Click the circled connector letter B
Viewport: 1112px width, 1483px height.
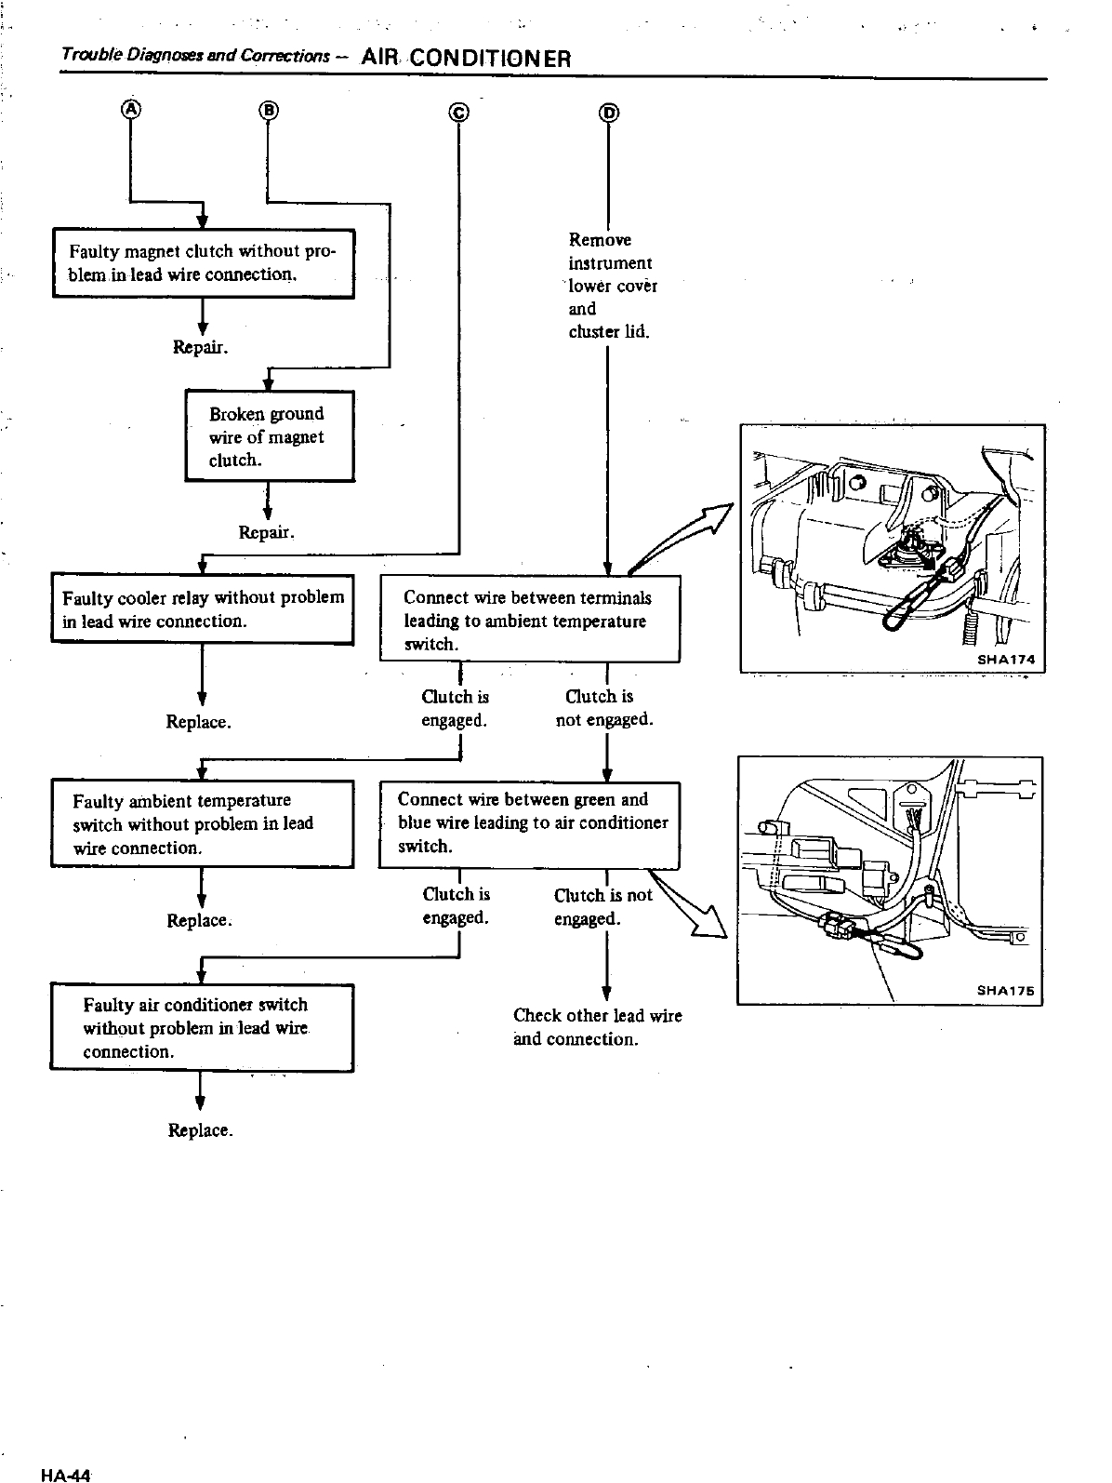(268, 110)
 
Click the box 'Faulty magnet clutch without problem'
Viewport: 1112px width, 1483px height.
(203, 263)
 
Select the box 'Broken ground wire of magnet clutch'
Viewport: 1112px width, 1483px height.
(270, 436)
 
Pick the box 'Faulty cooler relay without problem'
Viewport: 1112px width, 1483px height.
(203, 608)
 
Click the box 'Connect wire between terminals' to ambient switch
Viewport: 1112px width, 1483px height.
(531, 620)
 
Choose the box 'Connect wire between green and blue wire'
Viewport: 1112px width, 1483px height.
(530, 824)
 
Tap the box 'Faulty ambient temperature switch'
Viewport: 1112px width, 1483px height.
(203, 824)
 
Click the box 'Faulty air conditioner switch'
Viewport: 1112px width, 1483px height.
(202, 1028)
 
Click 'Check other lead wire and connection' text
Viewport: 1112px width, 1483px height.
(597, 1027)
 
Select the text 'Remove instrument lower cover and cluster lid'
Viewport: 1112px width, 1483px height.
(612, 286)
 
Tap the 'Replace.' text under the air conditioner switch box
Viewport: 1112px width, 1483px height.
(200, 1130)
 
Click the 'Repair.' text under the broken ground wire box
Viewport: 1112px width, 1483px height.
(267, 533)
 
